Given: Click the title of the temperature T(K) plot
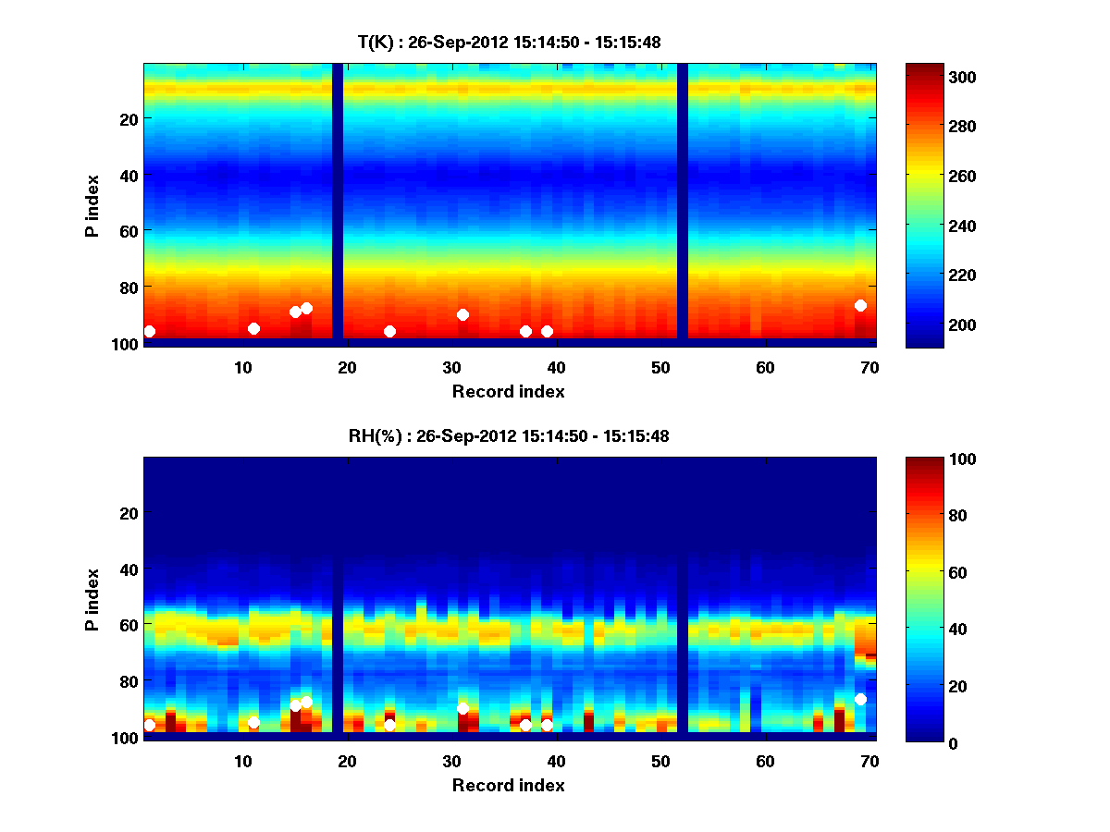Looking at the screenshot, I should [x=509, y=42].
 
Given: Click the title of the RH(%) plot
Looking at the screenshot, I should [x=509, y=435].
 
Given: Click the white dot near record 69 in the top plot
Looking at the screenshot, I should [x=860, y=305].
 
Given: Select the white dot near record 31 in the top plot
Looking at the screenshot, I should [x=462, y=314].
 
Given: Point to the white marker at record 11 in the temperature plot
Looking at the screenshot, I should [x=253, y=328].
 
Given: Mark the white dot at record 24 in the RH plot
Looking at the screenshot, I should [x=389, y=725].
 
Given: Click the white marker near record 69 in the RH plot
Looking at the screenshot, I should [x=860, y=699].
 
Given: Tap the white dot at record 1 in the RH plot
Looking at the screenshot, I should [x=150, y=725].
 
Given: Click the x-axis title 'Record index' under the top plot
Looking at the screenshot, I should [x=508, y=391].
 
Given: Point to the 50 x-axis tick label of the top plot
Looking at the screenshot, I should [x=660, y=367].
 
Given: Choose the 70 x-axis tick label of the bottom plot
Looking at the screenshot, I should [x=869, y=761].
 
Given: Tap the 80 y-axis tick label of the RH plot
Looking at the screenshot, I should [x=128, y=681].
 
